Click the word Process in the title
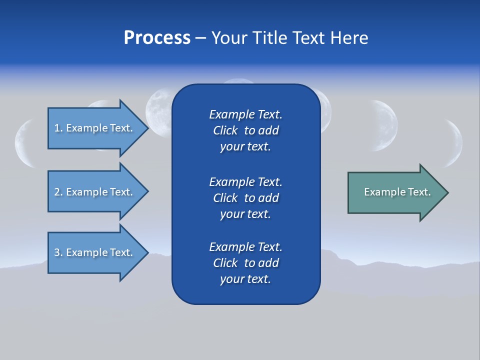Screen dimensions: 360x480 (157, 38)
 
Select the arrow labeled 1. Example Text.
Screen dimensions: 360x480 (95, 128)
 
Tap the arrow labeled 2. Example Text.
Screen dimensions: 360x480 (95, 192)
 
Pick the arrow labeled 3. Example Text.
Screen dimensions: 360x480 (95, 252)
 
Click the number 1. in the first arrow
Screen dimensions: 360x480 (58, 128)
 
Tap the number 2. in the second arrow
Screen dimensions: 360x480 (58, 192)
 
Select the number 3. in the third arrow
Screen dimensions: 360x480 (58, 252)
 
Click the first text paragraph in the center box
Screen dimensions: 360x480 (245, 130)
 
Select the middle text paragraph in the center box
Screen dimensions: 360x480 (245, 198)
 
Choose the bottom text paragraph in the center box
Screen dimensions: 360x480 (245, 263)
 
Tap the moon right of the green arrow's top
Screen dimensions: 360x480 (385, 125)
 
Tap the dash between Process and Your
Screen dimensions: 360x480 (200, 38)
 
